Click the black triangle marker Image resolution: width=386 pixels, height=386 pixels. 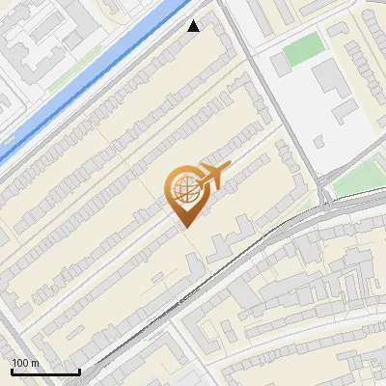pyautogui.click(x=194, y=26)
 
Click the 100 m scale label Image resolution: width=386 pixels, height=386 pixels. pyautogui.click(x=24, y=363)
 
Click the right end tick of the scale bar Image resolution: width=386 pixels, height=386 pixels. pyautogui.click(x=79, y=370)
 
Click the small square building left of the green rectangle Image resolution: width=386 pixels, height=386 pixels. pyautogui.click(x=280, y=65)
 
